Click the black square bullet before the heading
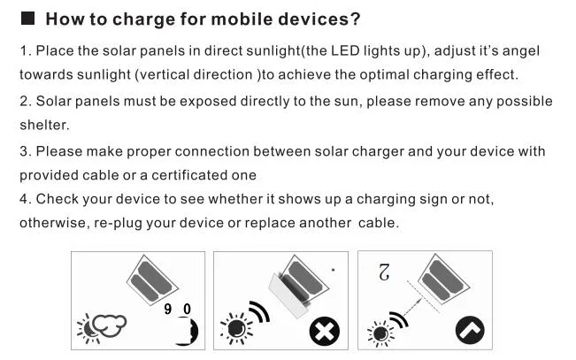coord(27,18)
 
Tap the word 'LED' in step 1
coord(345,50)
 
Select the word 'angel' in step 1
coord(520,51)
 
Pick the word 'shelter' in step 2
coord(43,125)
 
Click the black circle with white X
coord(325,332)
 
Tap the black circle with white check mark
coord(470,330)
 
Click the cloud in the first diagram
coord(109,326)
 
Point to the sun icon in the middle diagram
coord(236,328)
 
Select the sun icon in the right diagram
coord(380,333)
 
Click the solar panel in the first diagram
coord(152,280)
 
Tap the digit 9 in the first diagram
coord(168,309)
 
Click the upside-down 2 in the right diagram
coord(384,272)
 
